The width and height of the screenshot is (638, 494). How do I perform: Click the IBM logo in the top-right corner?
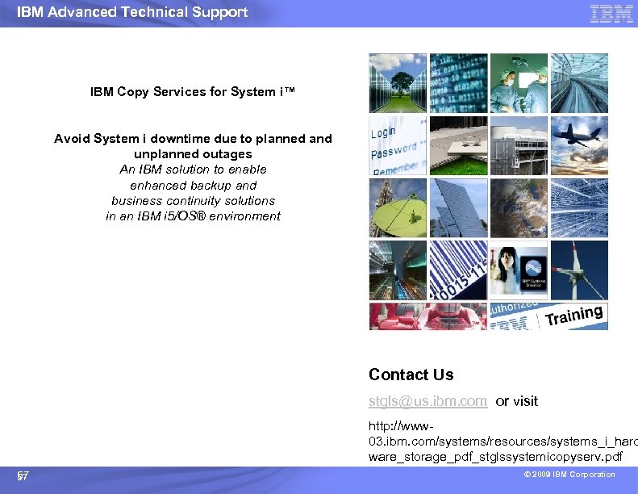(611, 13)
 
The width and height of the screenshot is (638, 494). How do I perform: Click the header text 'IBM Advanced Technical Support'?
(132, 12)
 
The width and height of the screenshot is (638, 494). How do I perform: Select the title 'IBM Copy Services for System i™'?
(193, 92)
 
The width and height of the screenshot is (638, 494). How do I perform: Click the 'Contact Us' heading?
(411, 375)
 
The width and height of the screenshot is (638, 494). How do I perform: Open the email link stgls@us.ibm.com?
(427, 401)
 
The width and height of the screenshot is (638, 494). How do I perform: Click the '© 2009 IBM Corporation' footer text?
(568, 475)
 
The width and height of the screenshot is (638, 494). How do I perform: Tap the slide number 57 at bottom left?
(23, 476)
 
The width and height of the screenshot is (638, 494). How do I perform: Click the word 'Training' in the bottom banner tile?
(574, 316)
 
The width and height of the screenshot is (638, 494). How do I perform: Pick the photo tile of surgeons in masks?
(518, 82)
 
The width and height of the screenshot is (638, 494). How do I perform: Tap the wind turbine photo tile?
(578, 269)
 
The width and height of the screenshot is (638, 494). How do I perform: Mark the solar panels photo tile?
(457, 207)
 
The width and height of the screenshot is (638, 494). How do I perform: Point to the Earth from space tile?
(518, 207)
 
